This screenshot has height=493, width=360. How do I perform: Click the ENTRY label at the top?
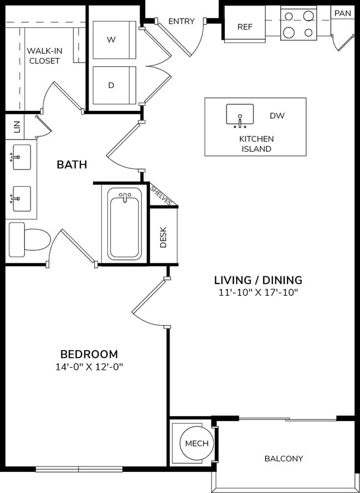(181, 22)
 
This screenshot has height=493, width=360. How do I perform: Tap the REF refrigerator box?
(245, 27)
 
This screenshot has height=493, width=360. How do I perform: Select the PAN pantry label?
(342, 13)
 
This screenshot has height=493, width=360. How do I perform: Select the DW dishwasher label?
(277, 116)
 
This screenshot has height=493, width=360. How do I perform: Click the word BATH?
(72, 165)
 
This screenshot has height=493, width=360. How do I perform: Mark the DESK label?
(163, 238)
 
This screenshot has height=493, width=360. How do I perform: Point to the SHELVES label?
(161, 195)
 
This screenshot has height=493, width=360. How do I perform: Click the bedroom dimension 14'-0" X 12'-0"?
(89, 367)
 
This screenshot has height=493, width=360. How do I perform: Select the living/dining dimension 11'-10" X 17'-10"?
(258, 292)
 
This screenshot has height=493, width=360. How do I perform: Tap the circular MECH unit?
(197, 444)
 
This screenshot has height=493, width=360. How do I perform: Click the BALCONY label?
(283, 458)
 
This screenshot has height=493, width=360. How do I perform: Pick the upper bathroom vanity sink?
(21, 157)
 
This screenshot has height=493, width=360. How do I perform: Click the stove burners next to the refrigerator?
(298, 24)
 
